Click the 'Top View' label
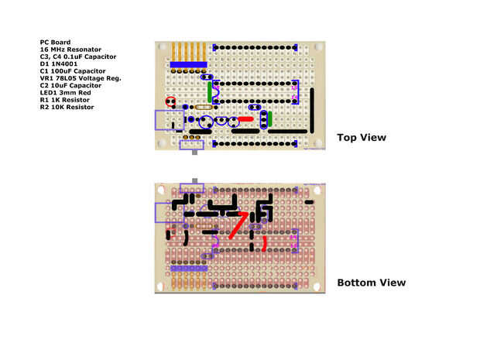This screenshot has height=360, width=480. coord(362,138)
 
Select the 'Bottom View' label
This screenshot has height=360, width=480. coord(371,283)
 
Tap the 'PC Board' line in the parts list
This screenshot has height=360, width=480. coord(55,43)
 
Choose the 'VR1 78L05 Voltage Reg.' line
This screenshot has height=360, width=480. coord(81,78)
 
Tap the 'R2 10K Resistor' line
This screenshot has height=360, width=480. coord(67,107)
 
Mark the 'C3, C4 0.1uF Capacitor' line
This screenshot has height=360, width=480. coord(78,57)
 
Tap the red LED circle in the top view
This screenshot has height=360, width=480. coord(170,101)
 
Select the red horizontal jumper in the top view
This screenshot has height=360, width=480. coord(245,119)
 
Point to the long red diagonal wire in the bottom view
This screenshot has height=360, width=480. coord(237,226)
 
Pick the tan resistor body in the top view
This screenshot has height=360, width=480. coord(204,108)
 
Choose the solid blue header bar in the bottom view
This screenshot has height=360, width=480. coord(188,268)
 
